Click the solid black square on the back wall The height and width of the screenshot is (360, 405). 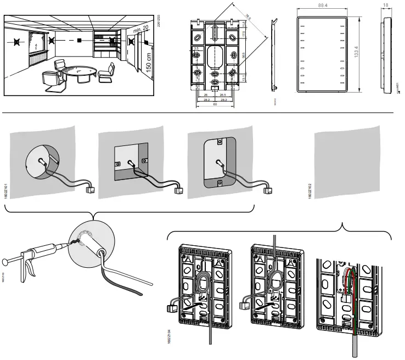(x=80, y=41)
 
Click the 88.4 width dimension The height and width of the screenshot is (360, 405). (x=322, y=5)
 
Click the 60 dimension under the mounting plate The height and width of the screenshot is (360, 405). (x=215, y=104)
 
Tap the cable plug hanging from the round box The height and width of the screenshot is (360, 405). (x=89, y=191)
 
